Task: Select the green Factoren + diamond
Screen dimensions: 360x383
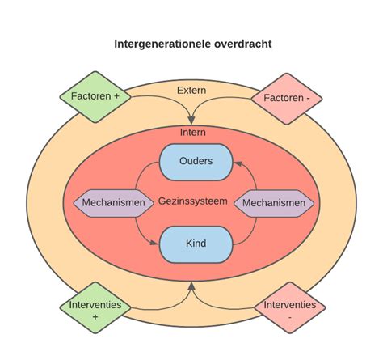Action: pos(95,96)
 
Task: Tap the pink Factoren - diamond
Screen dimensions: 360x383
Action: pos(288,99)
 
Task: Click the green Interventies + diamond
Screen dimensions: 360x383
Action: pos(95,311)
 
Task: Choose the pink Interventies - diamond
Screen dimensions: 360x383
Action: pos(288,311)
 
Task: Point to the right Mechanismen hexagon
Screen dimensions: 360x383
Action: pos(275,202)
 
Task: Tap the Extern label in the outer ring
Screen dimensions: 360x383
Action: pos(191,90)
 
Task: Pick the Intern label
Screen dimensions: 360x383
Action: pos(191,131)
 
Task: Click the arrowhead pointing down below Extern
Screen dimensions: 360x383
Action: pos(191,120)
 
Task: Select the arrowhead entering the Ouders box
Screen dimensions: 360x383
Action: pos(234,163)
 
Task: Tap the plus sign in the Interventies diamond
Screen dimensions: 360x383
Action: pos(95,318)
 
